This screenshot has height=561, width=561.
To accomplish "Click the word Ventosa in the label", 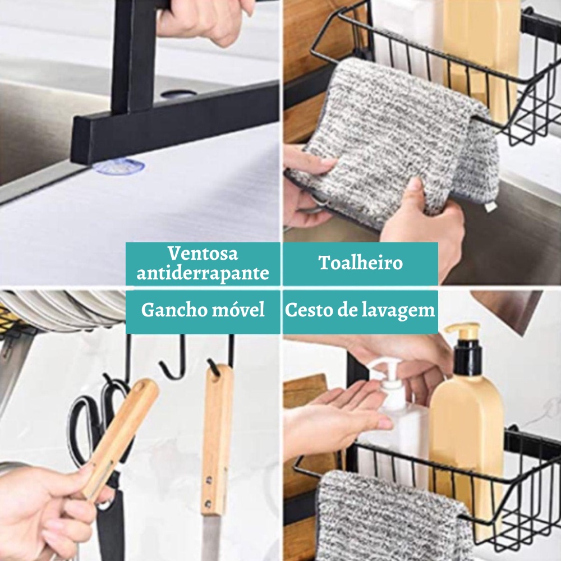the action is (203, 254).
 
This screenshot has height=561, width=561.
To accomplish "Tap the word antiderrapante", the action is (203, 273).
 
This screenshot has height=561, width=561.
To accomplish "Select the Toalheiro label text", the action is (361, 263).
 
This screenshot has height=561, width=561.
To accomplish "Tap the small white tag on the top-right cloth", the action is (489, 206).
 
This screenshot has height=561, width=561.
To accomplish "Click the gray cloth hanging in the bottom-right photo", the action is (394, 515).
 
